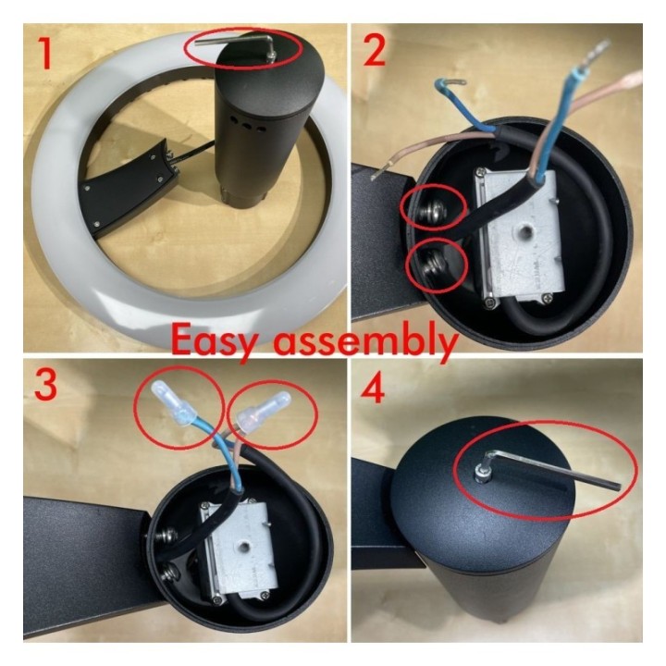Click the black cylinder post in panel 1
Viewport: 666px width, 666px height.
(268, 139)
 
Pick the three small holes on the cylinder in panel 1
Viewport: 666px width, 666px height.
(247, 124)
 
